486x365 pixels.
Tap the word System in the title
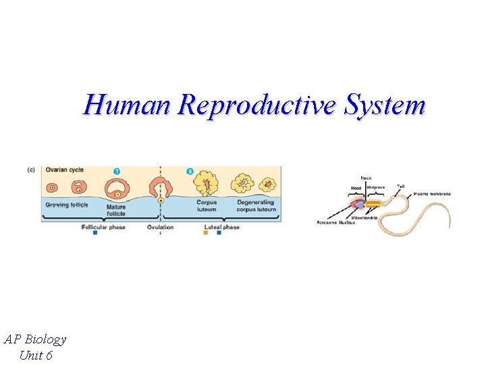(x=385, y=106)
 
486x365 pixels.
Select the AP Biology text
(x=35, y=339)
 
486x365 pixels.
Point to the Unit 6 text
(x=36, y=355)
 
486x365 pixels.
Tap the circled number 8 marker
(x=190, y=172)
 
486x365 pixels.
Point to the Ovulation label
(x=160, y=227)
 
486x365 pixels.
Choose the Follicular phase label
(x=105, y=227)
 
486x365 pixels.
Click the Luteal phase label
(x=221, y=227)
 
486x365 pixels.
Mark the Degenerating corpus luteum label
(x=256, y=206)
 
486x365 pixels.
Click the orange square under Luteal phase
(x=206, y=234)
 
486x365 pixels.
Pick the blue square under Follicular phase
(x=95, y=234)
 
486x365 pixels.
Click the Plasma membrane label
(x=432, y=194)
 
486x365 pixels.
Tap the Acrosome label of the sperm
(x=327, y=222)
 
